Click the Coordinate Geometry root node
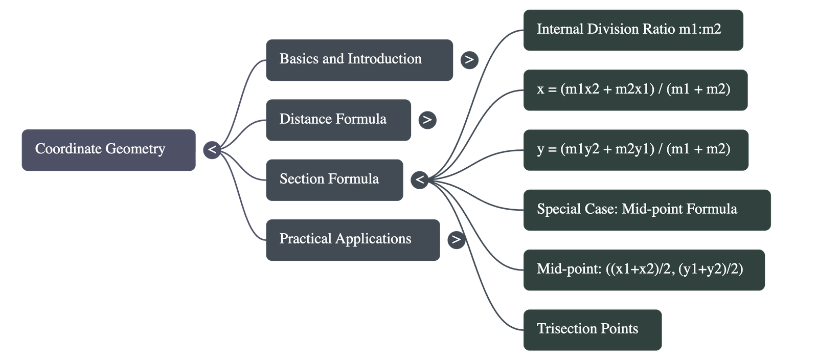coord(108,150)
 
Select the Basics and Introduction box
coord(359,60)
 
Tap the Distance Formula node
coord(338,120)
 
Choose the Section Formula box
coord(334,179)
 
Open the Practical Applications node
coord(353,240)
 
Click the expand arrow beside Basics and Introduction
coord(469,60)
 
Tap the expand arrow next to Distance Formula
coord(427,120)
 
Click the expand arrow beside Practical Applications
coord(456,240)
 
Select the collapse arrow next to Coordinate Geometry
coord(212,150)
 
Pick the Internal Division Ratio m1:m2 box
coord(633,30)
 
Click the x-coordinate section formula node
coord(635,90)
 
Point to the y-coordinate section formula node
coord(636,150)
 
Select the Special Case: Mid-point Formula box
coord(647,210)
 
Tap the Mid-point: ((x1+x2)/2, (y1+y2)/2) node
coord(644,270)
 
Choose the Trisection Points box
coord(593,330)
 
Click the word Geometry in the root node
coord(135,149)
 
